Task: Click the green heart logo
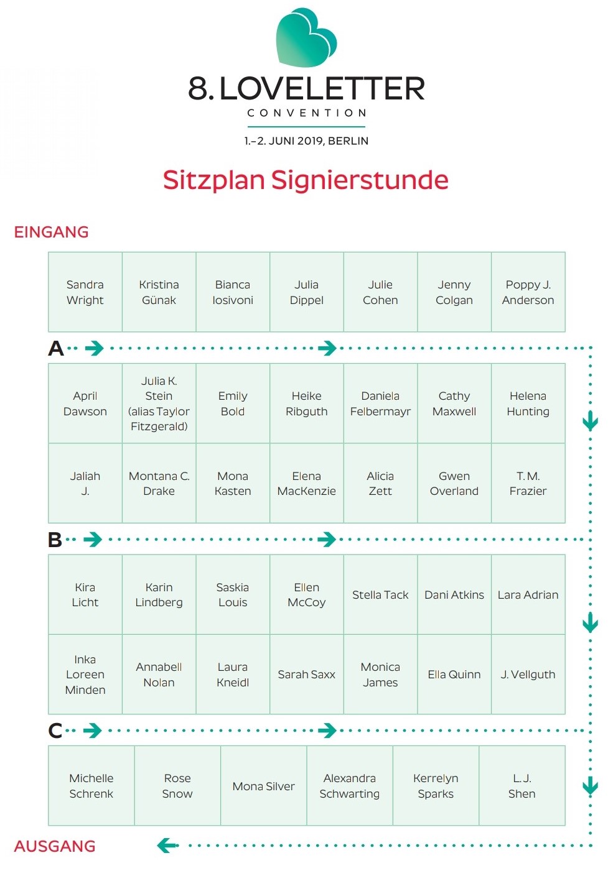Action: pos(306,37)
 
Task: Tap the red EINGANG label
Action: pos(51,233)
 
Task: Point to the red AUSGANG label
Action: pos(55,846)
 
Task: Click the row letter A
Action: pos(55,348)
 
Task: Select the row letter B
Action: pos(55,540)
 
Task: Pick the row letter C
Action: pos(55,731)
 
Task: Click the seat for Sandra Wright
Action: pos(85,292)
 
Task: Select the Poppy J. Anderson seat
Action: pos(528,292)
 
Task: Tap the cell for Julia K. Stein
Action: pos(159,403)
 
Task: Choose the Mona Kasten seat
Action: pos(233,483)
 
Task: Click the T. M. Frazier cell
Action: pos(528,483)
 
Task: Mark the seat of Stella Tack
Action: pos(380,595)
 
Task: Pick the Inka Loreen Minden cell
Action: pos(85,675)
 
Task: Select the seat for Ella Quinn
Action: pos(454,675)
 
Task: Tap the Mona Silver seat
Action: pos(263,786)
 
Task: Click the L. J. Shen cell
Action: pos(522,786)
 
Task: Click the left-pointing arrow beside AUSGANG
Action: pos(167,846)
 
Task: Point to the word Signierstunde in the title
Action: pos(360,180)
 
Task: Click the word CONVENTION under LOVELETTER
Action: pos(307,113)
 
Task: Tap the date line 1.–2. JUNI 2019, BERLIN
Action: pos(306,141)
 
